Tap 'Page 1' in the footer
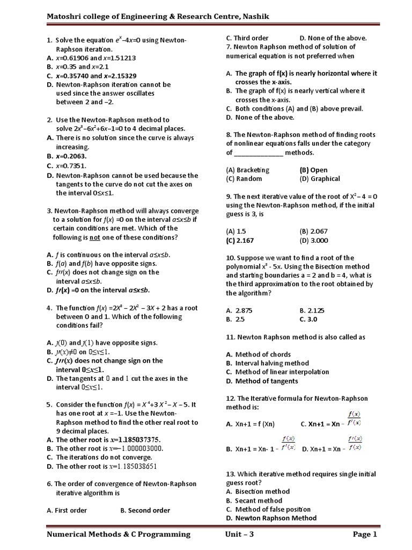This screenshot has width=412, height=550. tap(365, 534)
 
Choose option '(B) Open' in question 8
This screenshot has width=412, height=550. tap(313, 170)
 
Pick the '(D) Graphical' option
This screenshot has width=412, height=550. tap(320, 179)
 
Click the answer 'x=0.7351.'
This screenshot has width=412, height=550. tap(71, 166)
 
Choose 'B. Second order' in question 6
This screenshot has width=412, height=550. tap(145, 510)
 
